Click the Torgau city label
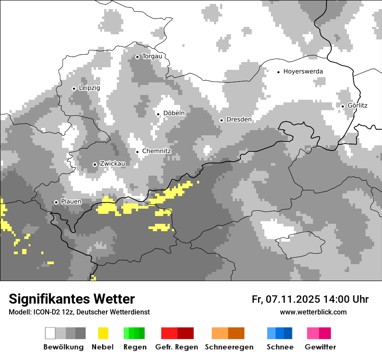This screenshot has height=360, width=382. point(152,56)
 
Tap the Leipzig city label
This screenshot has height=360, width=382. point(89,88)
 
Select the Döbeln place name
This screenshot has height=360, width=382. point(174,113)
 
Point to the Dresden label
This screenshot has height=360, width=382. point(239,119)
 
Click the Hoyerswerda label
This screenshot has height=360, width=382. point(303,72)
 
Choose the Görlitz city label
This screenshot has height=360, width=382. point(357,106)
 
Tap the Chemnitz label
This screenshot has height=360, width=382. point(157,151)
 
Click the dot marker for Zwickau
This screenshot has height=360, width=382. point(95,164)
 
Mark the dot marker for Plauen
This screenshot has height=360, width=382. point(56,202)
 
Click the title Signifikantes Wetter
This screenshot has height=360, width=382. point(72,299)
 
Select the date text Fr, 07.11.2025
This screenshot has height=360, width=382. point(286,299)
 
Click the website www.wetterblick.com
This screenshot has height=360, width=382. point(313,312)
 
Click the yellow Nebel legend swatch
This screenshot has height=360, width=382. point(103,333)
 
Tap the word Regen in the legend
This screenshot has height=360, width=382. point(135,347)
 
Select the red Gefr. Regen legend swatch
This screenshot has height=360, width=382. point(177,333)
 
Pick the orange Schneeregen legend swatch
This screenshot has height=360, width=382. point(228,333)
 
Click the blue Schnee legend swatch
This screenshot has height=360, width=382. point(280,333)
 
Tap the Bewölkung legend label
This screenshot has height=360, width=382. point(63,347)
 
